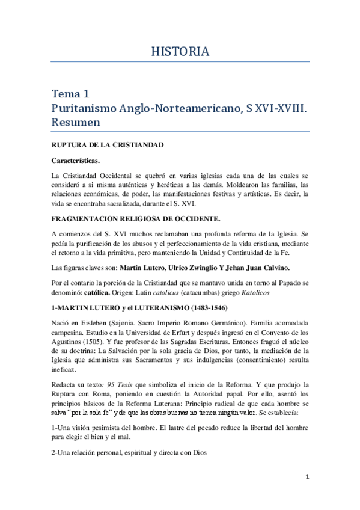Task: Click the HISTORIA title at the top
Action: click(180, 52)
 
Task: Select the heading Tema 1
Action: click(71, 93)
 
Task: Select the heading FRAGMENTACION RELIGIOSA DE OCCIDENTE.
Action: click(134, 220)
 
